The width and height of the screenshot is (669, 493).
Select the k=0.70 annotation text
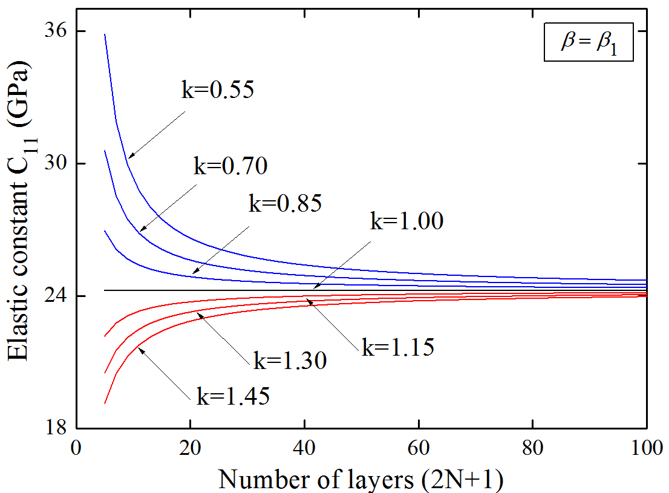tap(230, 166)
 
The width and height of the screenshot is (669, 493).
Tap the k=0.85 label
tap(285, 203)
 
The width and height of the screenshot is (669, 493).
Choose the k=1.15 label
tap(397, 347)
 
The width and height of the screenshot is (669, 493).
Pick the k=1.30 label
tap(290, 361)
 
